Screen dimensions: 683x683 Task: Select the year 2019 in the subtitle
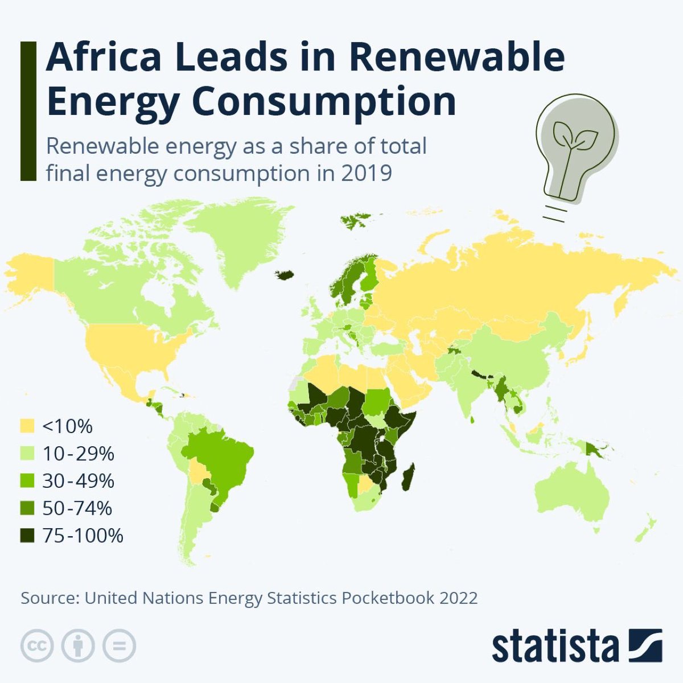pos(367,172)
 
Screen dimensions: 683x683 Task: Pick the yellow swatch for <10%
pos(27,426)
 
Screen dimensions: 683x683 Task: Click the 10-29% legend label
pos(78,454)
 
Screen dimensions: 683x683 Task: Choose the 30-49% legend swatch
pos(27,481)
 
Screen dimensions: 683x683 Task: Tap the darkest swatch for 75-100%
pos(27,536)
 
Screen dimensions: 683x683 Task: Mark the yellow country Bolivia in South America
pos(198,472)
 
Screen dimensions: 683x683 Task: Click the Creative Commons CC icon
pos(37,645)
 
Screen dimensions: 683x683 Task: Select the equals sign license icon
pos(120,645)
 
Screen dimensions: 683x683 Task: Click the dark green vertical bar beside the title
pos(28,111)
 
